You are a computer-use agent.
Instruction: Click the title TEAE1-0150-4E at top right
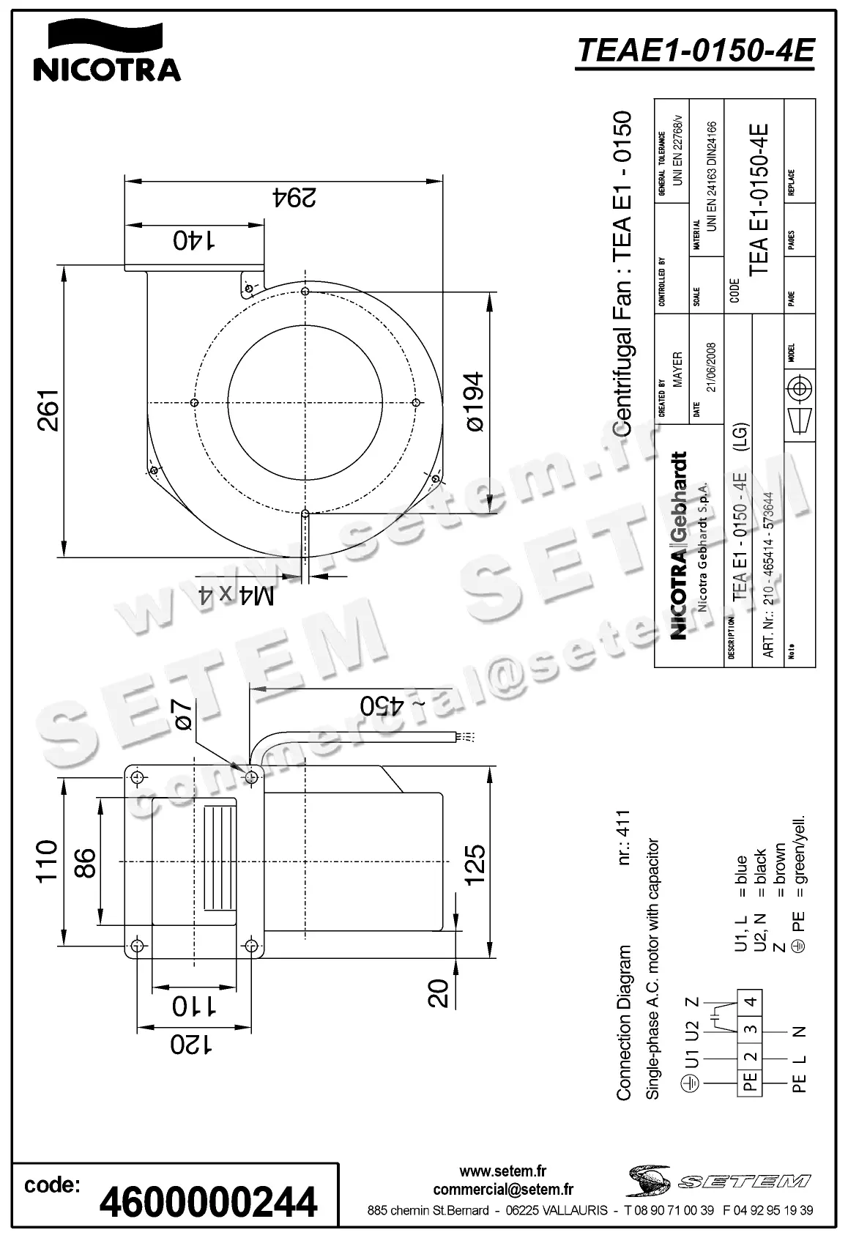(x=696, y=51)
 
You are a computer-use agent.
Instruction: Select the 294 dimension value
(x=294, y=197)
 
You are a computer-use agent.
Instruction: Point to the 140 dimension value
(x=194, y=240)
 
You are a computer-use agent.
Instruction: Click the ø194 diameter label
(x=474, y=402)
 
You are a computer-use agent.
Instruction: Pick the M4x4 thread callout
(x=237, y=595)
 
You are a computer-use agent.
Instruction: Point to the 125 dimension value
(x=475, y=864)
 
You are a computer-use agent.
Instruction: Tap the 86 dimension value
(x=86, y=862)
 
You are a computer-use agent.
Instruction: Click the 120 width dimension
(x=192, y=1045)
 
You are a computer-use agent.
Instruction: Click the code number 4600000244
(x=209, y=1202)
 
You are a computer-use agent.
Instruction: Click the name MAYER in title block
(x=677, y=369)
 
